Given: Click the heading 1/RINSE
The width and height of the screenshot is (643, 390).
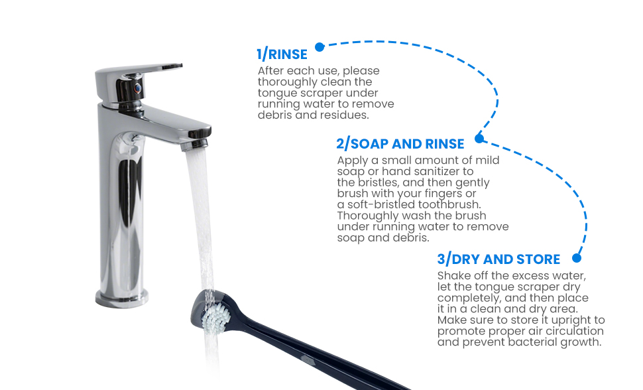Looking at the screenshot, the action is coord(282,54).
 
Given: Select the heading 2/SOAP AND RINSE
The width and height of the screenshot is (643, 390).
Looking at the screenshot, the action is coord(400,144).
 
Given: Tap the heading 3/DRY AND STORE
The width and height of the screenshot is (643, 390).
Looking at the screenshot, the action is coord(498,259).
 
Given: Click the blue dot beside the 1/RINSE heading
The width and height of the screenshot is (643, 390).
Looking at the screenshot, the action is coord(320,47).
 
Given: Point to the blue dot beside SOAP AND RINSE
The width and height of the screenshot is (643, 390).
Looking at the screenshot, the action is coord(479,139).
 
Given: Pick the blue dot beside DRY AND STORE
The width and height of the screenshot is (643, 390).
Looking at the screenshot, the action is coord(577,258).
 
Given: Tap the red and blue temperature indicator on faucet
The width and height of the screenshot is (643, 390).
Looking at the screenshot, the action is coord(138,88).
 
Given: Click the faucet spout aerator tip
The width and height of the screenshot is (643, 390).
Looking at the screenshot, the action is coord(194,144).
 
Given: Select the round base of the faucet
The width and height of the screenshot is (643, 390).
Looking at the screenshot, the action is coord(122,298).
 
